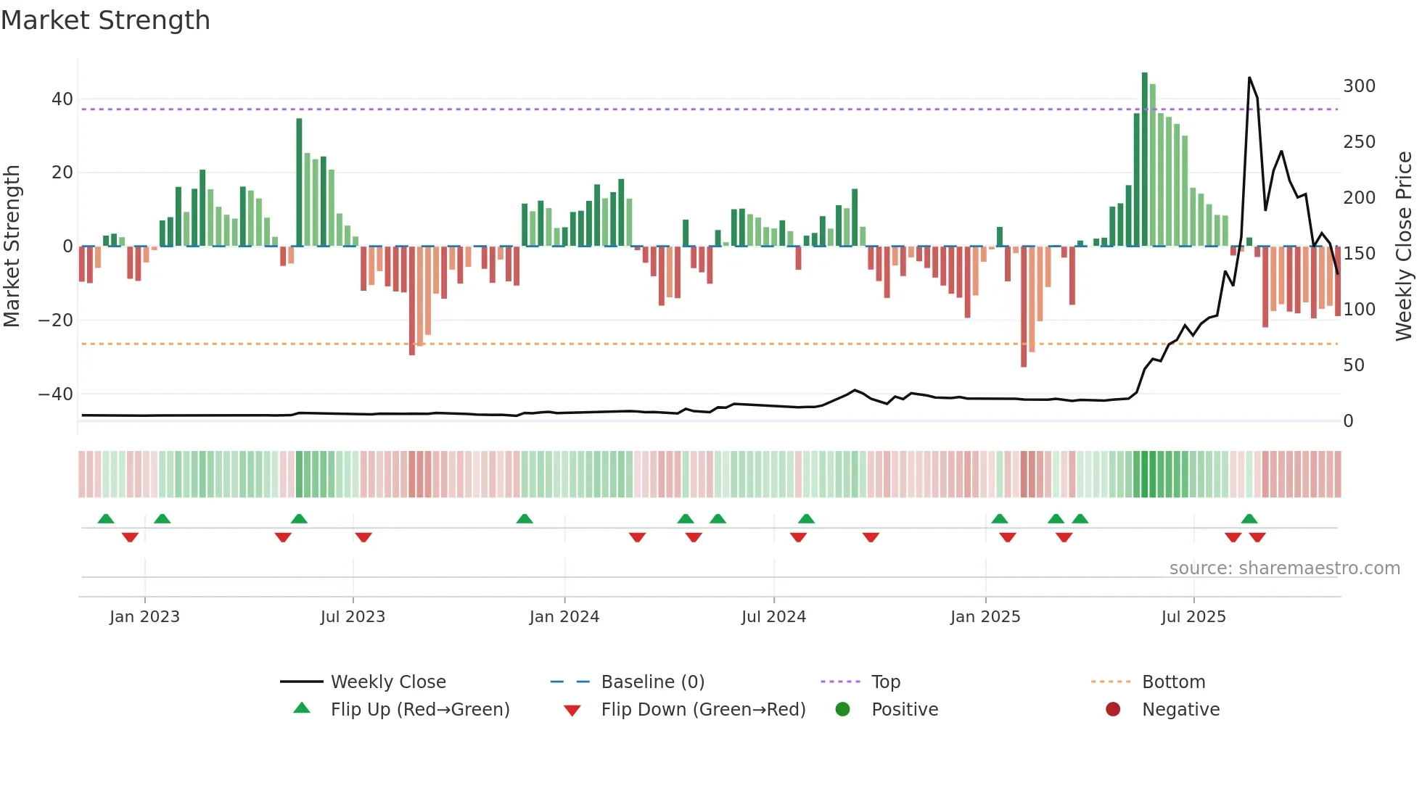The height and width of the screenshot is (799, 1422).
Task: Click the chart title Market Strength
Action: (105, 20)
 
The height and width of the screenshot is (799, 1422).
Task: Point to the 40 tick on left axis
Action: (62, 99)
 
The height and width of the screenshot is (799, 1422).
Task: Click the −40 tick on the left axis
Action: (56, 394)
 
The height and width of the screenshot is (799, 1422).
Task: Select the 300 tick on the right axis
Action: (1359, 86)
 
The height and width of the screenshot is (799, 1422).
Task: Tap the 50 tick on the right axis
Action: (1353, 365)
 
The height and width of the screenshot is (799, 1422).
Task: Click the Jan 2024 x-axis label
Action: (564, 617)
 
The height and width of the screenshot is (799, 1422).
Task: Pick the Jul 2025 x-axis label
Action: (1193, 617)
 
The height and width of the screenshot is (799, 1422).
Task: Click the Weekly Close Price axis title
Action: (1404, 247)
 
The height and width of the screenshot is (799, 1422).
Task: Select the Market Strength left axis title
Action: (12, 247)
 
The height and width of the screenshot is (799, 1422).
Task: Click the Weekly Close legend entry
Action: (387, 682)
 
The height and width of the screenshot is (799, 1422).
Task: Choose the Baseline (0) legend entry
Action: (652, 682)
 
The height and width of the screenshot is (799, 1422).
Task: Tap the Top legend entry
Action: (885, 682)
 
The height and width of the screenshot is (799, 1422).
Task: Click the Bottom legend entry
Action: (1173, 682)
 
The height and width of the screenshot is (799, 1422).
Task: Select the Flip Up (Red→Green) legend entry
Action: (419, 710)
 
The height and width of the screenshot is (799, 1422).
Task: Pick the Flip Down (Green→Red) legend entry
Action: (702, 710)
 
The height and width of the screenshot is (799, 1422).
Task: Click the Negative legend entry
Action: (1180, 710)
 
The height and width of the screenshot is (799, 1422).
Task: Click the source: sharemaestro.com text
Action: (1284, 568)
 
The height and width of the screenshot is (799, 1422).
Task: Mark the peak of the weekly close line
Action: (1249, 78)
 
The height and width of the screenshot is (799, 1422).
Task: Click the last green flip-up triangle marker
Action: (1249, 518)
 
